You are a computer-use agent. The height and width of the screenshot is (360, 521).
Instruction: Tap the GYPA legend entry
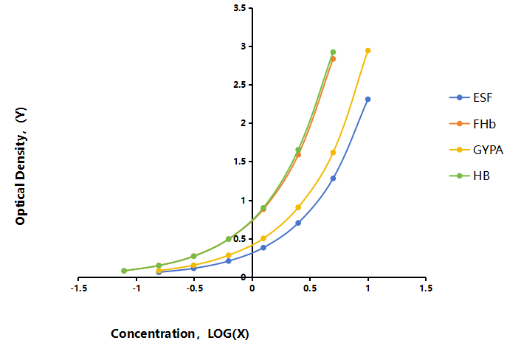[476, 150]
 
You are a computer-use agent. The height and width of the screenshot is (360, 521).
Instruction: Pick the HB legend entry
[469, 176]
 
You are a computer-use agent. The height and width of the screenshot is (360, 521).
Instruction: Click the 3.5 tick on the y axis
[240, 8]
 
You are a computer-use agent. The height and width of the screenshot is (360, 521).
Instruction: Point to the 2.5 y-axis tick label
[240, 85]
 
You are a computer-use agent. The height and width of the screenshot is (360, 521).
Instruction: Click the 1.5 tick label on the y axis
[240, 162]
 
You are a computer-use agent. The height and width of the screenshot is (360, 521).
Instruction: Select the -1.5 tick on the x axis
[79, 288]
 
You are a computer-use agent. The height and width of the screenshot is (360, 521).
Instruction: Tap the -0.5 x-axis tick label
[194, 288]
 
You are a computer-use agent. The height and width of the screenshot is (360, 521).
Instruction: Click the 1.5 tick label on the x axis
[426, 288]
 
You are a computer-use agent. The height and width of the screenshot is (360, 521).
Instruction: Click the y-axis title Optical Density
[21, 166]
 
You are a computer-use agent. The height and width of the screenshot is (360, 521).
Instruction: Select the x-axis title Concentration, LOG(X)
[180, 333]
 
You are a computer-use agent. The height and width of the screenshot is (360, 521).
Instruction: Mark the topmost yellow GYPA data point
[368, 50]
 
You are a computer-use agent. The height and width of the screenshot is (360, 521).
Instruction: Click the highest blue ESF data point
[368, 100]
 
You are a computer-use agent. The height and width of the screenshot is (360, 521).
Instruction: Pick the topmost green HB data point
[333, 52]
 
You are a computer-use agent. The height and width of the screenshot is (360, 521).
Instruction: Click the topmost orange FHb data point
[333, 59]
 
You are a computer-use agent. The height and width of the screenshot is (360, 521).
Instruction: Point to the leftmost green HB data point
[124, 271]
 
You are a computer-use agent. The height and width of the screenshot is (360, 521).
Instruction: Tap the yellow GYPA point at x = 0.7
[333, 153]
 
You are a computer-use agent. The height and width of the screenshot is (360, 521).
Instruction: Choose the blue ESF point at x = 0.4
[298, 223]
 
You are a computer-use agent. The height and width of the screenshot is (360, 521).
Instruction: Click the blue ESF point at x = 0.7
[333, 179]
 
